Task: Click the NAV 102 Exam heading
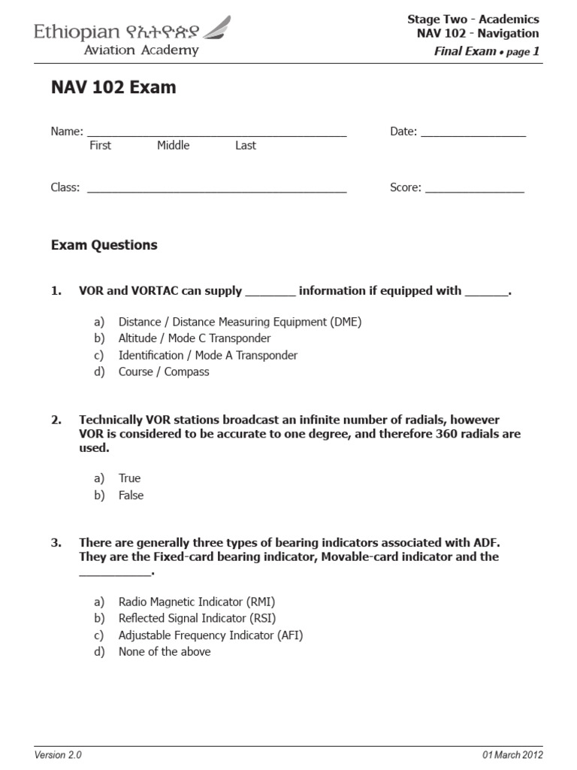click(113, 87)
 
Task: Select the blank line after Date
click(473, 133)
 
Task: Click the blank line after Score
click(474, 189)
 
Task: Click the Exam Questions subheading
click(104, 245)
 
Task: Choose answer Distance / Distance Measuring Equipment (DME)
click(240, 322)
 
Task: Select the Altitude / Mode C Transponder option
click(195, 338)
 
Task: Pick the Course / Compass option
click(164, 371)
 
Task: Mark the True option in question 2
click(129, 478)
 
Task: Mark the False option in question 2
click(131, 496)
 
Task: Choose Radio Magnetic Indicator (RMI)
click(197, 602)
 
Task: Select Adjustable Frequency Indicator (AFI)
click(210, 635)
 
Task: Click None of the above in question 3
click(165, 652)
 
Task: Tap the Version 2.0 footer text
click(59, 755)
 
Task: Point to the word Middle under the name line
click(173, 146)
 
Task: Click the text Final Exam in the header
click(465, 51)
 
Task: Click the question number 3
click(56, 542)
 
